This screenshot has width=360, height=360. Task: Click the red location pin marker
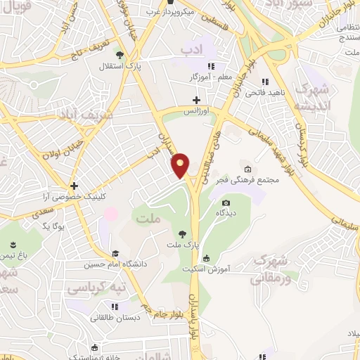pos(181,165)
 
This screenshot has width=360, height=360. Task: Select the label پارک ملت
pos(181,245)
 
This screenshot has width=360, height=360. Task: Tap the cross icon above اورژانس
pos(197,101)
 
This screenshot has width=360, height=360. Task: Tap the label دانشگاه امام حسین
pos(115,264)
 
